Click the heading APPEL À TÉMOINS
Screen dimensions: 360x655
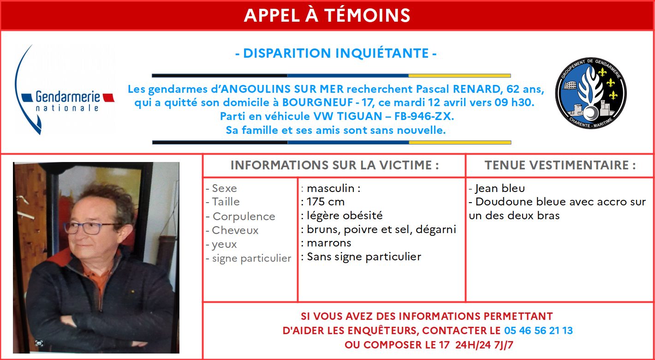click(327, 16)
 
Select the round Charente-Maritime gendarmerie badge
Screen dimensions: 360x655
click(591, 93)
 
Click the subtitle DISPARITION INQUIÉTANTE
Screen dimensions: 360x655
click(335, 54)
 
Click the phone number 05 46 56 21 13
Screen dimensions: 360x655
click(538, 330)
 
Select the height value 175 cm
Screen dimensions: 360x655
click(326, 202)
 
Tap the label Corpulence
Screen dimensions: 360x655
click(243, 216)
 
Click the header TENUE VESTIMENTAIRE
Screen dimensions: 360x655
click(560, 165)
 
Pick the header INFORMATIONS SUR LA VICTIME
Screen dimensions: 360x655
click(334, 165)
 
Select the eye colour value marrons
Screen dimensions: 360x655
click(329, 243)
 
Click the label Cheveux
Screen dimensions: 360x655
click(235, 230)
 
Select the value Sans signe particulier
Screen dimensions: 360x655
click(364, 257)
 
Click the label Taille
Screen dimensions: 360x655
click(226, 202)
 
